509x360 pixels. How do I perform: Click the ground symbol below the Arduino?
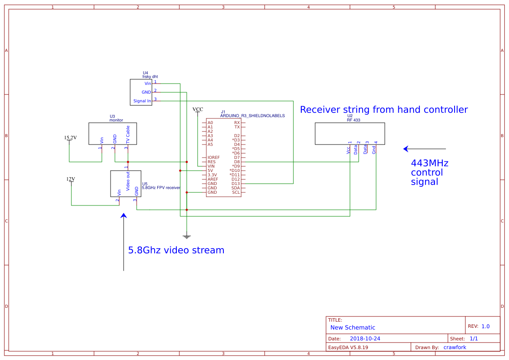186,237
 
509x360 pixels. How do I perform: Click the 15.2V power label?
70,138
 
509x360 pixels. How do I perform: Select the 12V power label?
71,179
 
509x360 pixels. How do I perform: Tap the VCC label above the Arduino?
198,109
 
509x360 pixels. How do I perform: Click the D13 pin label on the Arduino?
236,184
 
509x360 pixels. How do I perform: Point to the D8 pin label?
236,162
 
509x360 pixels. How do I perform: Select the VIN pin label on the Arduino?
211,166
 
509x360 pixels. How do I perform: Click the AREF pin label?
212,179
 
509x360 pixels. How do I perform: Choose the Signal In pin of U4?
142,101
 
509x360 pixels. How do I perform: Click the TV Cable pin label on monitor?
128,135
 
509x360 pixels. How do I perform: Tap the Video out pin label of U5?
128,181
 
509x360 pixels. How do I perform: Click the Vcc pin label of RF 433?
348,150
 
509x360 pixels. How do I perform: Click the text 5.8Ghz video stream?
176,250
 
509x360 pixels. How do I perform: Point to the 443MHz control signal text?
429,172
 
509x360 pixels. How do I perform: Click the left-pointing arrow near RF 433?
424,149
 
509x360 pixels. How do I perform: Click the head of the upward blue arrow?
124,215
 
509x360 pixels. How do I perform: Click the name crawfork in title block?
455,347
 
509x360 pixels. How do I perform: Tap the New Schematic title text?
353,327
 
